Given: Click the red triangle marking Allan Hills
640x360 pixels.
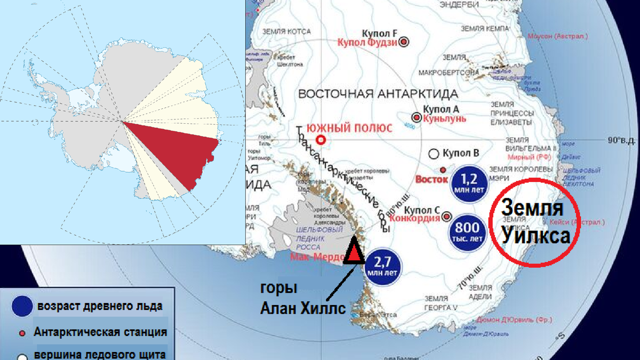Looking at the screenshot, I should coord(354,254).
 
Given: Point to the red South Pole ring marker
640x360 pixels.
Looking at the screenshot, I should coord(321,140).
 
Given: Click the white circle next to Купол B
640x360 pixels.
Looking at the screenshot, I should coord(434,154).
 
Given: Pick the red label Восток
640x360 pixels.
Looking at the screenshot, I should coord(433,179).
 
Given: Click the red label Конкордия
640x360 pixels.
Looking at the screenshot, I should coord(414,218).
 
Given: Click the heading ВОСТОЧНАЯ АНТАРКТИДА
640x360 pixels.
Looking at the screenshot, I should coord(378,94).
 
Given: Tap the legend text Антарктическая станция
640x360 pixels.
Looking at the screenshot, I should coord(100,332).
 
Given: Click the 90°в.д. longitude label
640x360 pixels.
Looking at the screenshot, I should coord(623,141).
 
